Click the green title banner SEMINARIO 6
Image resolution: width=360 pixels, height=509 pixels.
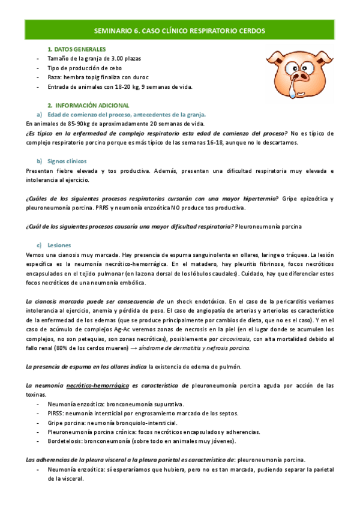(180, 29)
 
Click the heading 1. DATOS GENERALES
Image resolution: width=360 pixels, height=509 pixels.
(77, 49)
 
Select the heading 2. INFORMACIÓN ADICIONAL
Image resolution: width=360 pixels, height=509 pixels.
(88, 105)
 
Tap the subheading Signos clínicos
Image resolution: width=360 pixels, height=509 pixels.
(67, 161)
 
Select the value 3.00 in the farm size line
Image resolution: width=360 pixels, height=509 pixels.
(113, 58)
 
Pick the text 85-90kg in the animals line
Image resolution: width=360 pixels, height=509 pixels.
(71, 124)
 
